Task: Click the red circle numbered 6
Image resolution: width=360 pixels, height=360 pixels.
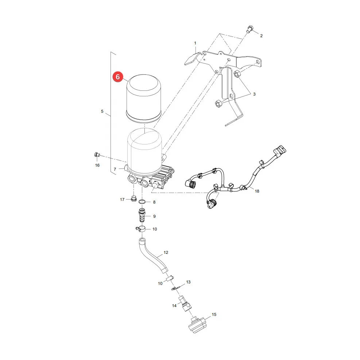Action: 118,77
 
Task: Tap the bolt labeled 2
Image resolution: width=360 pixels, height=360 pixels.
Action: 249,29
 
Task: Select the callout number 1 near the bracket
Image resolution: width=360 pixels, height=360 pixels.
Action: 195,43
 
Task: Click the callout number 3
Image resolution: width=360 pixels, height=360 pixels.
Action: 254,94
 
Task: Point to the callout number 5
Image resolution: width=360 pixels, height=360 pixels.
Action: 102,111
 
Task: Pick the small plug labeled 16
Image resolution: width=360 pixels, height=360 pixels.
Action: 97,155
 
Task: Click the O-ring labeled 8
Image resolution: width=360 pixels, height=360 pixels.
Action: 142,202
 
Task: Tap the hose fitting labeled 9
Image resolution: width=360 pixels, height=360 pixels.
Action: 142,215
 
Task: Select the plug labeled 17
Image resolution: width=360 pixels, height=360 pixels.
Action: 133,198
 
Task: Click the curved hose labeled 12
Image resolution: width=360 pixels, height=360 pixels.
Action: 152,255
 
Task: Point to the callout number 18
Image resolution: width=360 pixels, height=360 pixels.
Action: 257,191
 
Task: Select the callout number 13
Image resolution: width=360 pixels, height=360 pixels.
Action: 188,282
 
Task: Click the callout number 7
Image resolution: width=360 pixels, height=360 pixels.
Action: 115,169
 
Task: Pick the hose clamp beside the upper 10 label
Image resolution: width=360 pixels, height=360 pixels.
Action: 140,229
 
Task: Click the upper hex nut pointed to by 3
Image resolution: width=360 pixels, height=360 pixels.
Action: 237,74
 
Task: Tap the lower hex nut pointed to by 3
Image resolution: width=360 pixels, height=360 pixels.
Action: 218,104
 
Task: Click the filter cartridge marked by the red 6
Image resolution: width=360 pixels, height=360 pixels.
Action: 144,98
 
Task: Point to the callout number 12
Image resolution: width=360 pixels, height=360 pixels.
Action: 166,252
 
